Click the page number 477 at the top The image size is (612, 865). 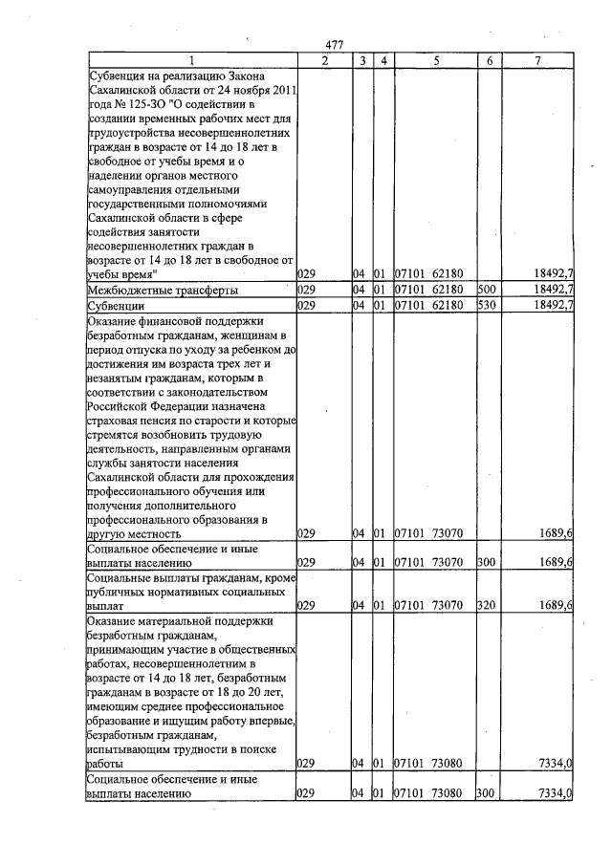[334, 45]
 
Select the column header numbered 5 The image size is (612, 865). [434, 60]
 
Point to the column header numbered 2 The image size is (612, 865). [324, 60]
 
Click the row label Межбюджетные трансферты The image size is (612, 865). [163, 289]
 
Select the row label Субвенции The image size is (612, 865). [116, 305]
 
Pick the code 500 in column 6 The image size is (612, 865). [485, 289]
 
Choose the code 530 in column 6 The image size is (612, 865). [485, 305]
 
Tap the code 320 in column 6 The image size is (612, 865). [485, 605]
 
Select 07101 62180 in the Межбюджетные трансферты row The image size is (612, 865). [429, 289]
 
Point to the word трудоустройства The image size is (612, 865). [135, 133]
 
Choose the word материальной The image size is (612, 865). [187, 620]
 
